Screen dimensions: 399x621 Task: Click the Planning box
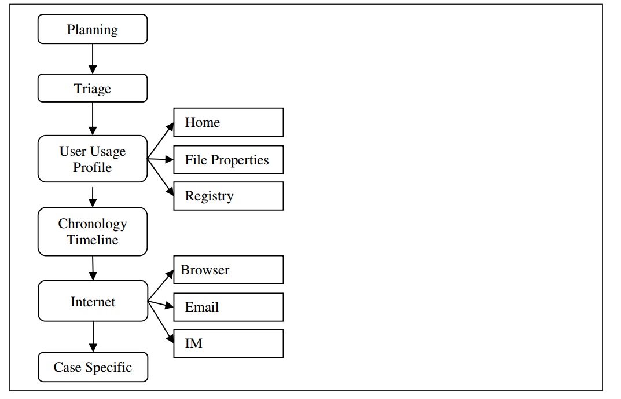(93, 30)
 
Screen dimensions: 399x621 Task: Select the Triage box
(93, 89)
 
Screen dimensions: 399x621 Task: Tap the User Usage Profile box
(93, 159)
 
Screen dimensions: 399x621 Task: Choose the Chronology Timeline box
(93, 232)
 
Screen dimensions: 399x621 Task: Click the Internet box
(93, 301)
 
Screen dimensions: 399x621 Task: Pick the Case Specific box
(93, 367)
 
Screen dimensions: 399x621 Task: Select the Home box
(228, 122)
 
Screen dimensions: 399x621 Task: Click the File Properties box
(228, 160)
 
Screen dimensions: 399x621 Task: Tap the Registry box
(228, 196)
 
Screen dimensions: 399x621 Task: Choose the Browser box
(228, 270)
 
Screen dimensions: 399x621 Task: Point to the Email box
(228, 307)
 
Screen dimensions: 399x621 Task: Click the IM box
(228, 343)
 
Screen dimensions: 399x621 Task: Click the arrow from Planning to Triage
(93, 58)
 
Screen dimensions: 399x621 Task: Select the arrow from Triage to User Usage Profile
(93, 119)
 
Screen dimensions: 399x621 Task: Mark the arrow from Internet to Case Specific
(93, 336)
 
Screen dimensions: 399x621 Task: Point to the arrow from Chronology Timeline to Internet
(93, 268)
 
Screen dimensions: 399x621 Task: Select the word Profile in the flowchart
(93, 167)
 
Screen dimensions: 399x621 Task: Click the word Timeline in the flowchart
(93, 240)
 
